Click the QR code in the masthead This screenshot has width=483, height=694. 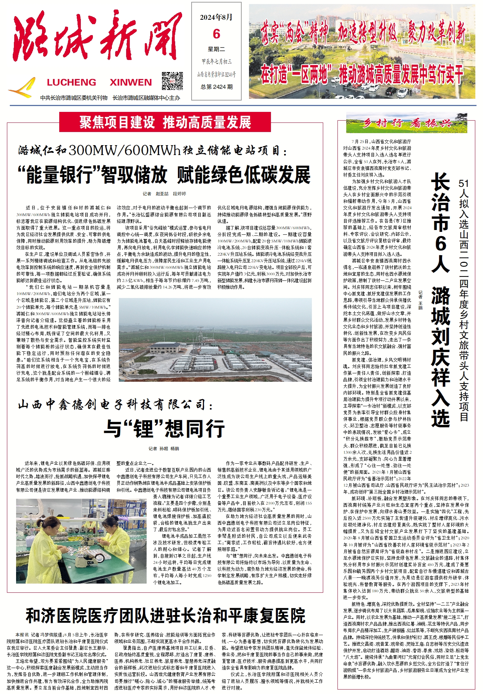point(172,81)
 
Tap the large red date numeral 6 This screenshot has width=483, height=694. point(216,34)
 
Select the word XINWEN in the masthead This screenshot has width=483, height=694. point(131,82)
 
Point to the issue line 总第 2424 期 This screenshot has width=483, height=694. point(216,87)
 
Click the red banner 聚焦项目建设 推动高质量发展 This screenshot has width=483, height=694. point(165,122)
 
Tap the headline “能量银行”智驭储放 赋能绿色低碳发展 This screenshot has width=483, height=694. point(164,174)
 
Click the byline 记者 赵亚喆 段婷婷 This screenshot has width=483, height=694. point(164,194)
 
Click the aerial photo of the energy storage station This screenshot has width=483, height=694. point(215,340)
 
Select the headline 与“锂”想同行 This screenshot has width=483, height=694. point(164,429)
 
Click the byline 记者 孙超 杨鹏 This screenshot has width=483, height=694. point(164,449)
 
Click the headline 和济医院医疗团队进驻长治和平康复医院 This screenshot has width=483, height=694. point(165,616)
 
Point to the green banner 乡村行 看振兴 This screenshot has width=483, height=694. point(406,123)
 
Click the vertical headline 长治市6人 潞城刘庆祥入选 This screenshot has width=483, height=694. point(440,300)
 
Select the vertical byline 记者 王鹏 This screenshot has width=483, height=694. point(420,300)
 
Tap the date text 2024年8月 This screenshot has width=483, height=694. point(216,17)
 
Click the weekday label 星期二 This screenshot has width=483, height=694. point(216,49)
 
